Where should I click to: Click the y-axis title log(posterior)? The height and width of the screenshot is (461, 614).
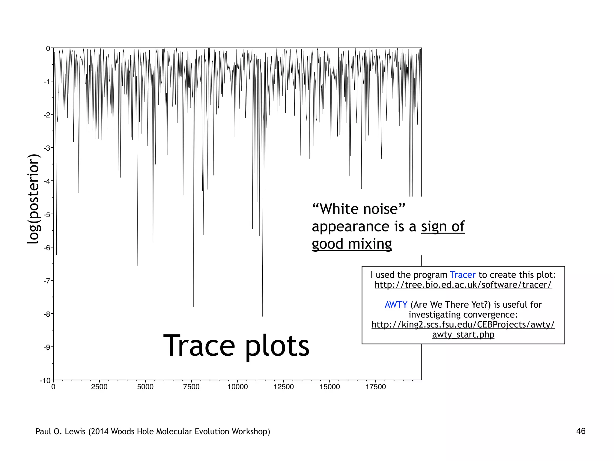[x=34, y=199]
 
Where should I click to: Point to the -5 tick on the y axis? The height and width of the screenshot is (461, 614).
[x=47, y=214]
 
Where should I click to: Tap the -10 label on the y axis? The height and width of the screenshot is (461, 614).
[x=45, y=381]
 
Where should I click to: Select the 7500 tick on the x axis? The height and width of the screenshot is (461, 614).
[x=191, y=387]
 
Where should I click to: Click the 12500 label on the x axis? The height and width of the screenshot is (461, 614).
[x=283, y=387]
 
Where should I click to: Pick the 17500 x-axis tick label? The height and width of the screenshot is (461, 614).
[x=375, y=387]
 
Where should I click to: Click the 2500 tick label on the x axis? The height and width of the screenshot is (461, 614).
[x=99, y=387]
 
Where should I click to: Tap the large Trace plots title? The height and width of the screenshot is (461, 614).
[x=236, y=346]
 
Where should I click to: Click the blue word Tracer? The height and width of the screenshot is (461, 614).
[x=463, y=275]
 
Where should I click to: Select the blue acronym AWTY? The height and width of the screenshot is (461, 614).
[x=396, y=304]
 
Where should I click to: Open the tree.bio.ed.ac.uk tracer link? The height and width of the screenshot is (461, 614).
[x=463, y=285]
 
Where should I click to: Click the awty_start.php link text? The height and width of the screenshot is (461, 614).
[x=463, y=334]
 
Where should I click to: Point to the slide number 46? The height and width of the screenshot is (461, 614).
[x=580, y=431]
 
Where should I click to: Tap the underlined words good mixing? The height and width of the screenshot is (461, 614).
[x=352, y=244]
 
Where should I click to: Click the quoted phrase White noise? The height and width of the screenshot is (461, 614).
[x=359, y=209]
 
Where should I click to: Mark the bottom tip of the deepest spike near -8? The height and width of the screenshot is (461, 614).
[x=263, y=316]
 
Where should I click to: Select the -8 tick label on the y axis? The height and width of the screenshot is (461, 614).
[x=47, y=314]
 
